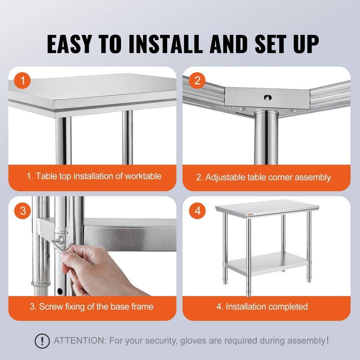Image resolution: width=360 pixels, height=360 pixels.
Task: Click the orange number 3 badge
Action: (x=23, y=210)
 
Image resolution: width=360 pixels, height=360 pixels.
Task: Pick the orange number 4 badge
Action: (x=197, y=210)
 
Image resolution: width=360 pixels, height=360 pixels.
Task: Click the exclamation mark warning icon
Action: (x=42, y=340)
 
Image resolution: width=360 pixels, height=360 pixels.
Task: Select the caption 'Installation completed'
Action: (x=266, y=307)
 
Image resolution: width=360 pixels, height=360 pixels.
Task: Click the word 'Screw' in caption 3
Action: (x=50, y=307)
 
